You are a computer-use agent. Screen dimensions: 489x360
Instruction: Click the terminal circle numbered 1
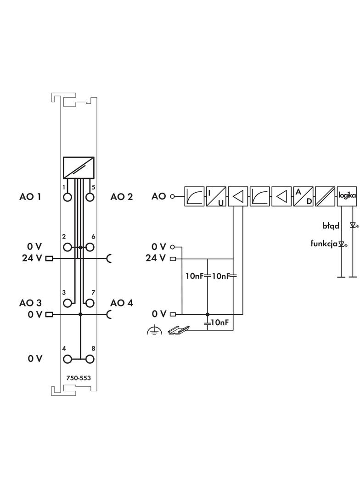click(68, 197)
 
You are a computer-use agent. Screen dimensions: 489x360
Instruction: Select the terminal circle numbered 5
click(90, 197)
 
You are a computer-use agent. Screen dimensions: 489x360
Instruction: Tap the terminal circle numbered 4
click(68, 359)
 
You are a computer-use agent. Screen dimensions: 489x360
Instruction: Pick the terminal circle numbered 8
click(90, 359)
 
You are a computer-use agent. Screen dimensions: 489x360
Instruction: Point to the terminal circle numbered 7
click(90, 303)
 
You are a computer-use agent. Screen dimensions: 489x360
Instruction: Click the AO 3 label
click(30, 303)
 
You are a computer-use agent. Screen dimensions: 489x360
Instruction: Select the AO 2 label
click(122, 197)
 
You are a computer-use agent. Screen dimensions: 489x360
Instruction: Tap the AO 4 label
click(122, 303)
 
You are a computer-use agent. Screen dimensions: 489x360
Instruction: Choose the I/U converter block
click(216, 197)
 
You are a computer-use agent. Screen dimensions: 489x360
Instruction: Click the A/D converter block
click(303, 197)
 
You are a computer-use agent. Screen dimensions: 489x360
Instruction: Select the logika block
click(347, 196)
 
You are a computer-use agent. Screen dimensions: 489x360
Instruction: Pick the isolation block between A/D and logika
click(325, 197)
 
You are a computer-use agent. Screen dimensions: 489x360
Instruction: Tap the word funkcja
click(324, 244)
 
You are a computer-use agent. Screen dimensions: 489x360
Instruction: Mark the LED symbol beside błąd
click(353, 225)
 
